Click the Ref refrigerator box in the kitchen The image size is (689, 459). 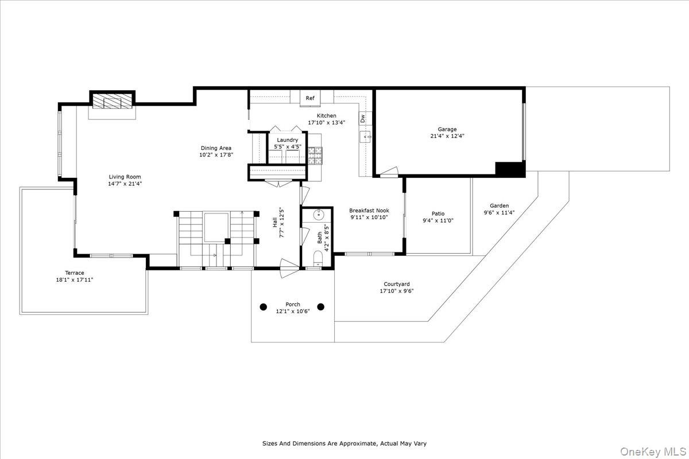[x=310, y=98]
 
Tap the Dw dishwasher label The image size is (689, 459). [x=363, y=118]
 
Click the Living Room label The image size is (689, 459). [x=125, y=177]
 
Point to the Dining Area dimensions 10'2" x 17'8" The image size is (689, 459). [x=216, y=155]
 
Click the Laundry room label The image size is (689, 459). [x=287, y=140]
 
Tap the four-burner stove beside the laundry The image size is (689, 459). [x=315, y=156]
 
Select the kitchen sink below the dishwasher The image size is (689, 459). [x=366, y=136]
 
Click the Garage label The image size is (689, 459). [x=447, y=129]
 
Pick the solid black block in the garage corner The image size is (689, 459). [x=509, y=169]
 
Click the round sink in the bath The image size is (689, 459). [x=319, y=215]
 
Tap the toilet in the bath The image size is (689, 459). [x=318, y=258]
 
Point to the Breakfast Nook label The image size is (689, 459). [x=369, y=211]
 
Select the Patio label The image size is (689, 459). [x=438, y=213]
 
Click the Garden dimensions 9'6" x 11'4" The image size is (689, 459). [x=499, y=212]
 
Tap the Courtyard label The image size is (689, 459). [x=397, y=284]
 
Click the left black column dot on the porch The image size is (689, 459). [x=264, y=307]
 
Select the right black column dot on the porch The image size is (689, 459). [x=321, y=307]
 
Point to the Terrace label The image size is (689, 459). [x=75, y=273]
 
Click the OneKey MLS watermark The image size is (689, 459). [x=653, y=452]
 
